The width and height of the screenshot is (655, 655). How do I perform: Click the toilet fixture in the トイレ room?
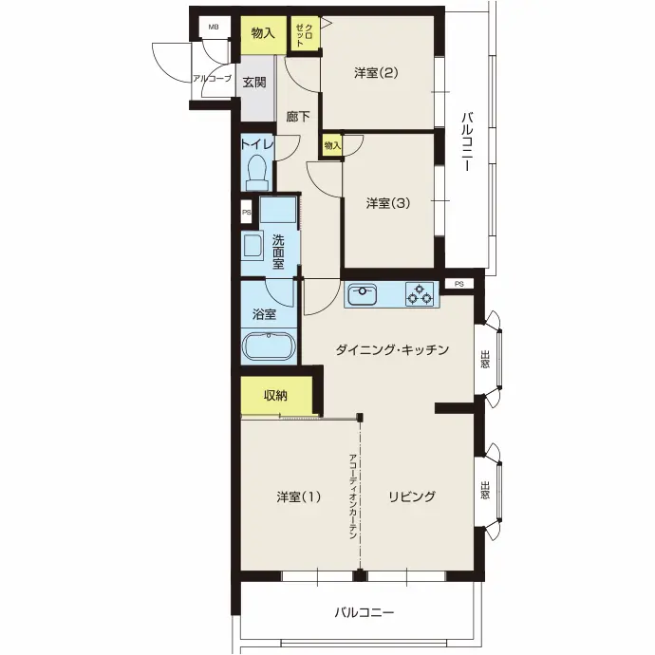coord(257,172)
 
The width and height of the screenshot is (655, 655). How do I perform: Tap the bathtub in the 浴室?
coord(269,346)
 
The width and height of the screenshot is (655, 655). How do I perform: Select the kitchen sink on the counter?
coord(363,294)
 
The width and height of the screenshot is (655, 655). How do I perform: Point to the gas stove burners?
coord(420,293)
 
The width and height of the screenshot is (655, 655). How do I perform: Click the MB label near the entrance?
coord(214,28)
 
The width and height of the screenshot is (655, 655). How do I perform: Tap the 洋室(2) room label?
coord(376,73)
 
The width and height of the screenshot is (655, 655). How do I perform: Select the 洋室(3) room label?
coord(388,203)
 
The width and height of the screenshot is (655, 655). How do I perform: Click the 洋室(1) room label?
coord(298,496)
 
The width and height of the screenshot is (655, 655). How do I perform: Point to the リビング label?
coord(412,496)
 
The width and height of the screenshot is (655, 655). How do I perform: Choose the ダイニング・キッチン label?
coord(392,349)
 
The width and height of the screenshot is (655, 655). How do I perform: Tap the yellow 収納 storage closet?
coord(276,396)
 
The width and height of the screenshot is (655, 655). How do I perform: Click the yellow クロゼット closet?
coord(306,33)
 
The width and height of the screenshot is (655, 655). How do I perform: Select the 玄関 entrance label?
coord(254,83)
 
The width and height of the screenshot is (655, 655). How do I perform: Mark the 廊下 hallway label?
coord(298,117)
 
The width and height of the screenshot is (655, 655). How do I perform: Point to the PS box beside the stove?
coord(459,284)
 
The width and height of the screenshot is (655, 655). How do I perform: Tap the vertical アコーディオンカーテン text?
coord(352,496)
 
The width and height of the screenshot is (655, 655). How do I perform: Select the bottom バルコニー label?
coord(365,613)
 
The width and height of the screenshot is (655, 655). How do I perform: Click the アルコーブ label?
coord(212,78)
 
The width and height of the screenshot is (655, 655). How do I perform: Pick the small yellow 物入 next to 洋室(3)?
coord(332,145)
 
